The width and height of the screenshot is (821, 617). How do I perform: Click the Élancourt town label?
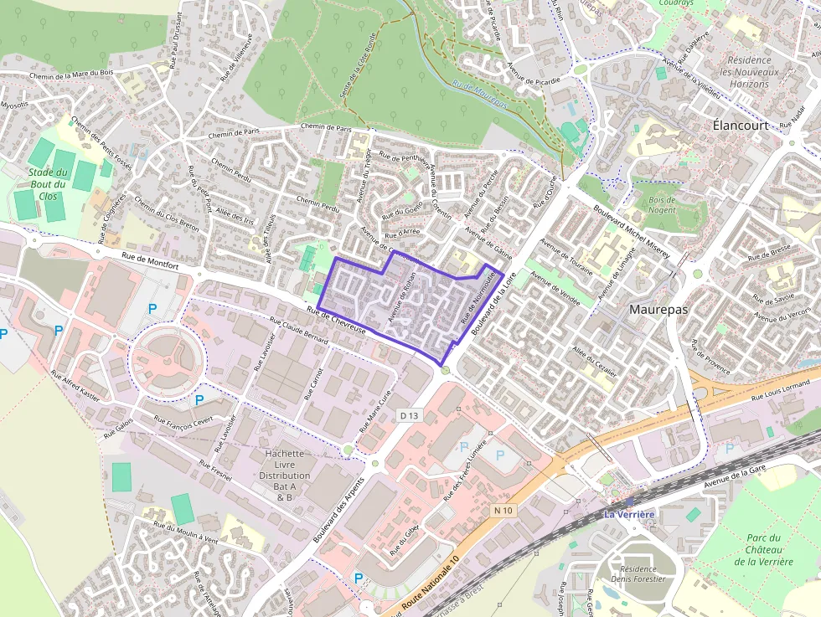740,125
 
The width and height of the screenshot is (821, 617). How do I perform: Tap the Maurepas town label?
658,309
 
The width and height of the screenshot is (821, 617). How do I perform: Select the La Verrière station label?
629,513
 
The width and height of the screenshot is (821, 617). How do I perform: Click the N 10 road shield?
503,510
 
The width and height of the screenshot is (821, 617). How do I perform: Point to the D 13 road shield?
409,416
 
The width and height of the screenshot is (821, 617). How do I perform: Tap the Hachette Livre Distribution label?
284,476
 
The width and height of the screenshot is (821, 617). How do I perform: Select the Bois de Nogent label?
661,204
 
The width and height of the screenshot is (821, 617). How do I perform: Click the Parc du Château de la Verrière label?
763,550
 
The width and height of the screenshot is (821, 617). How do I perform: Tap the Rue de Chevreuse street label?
336,321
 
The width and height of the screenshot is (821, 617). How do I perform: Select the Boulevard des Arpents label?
340,510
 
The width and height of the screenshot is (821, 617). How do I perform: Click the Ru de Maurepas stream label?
480,95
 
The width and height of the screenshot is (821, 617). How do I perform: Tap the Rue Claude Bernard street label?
300,332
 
